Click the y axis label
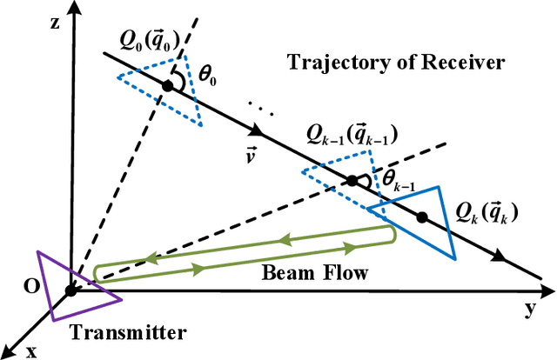(528, 307)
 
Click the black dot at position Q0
(168, 85)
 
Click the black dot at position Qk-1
(352, 181)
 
